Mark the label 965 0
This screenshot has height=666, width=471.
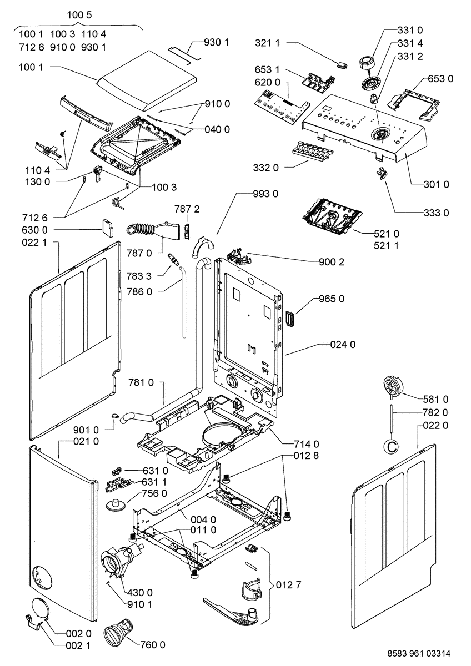click(x=332, y=299)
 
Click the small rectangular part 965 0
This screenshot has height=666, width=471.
click(x=289, y=319)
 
